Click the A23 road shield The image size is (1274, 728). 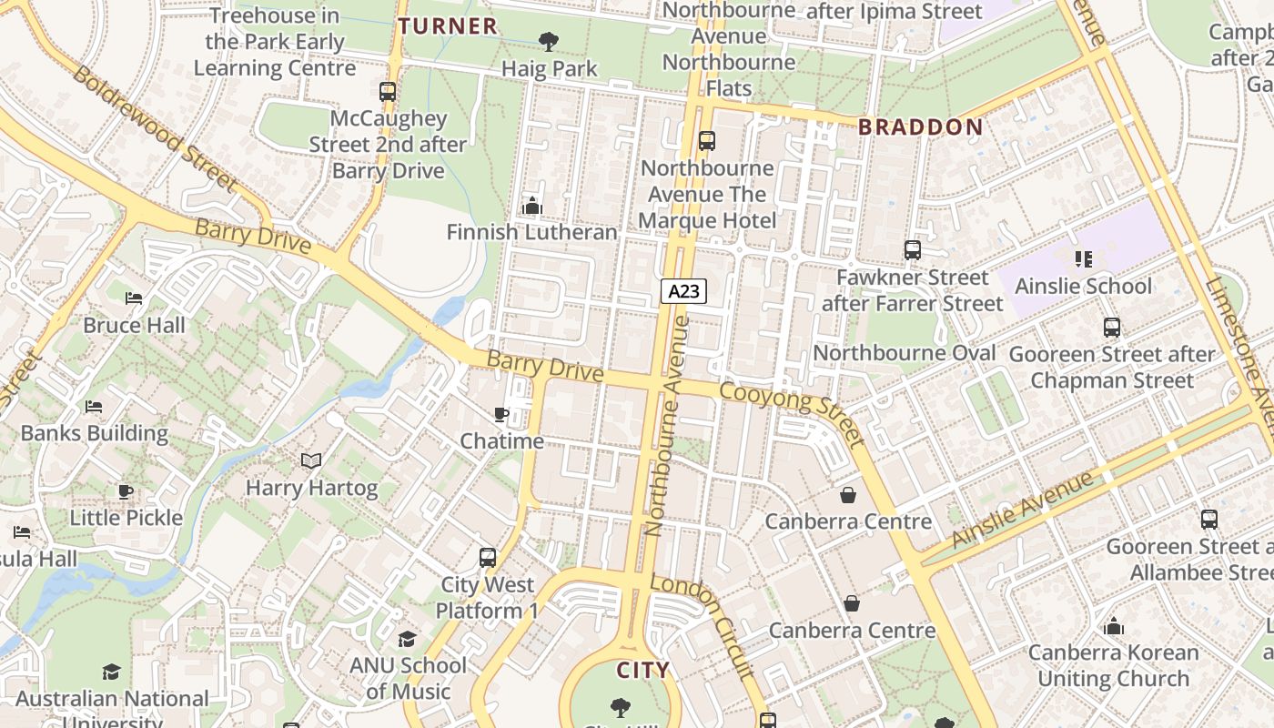(683, 291)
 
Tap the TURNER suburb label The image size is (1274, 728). (448, 26)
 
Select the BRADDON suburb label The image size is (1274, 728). (921, 127)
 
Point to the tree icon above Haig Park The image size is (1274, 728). (549, 41)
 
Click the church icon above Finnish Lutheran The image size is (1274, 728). (532, 206)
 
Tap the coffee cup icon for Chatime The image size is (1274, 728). (501, 415)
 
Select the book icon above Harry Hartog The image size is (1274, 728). (311, 461)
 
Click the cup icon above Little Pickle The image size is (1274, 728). (126, 492)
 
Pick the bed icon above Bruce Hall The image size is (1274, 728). (134, 298)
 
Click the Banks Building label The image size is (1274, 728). (95, 433)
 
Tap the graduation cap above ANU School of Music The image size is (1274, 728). (407, 640)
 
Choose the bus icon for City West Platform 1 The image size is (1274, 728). (488, 558)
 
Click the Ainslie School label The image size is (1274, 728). (1083, 287)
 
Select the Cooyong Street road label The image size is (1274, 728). (792, 414)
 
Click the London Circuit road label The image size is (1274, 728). (703, 626)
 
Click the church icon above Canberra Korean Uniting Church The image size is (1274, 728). (1114, 626)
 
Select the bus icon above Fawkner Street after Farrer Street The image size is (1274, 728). (912, 250)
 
